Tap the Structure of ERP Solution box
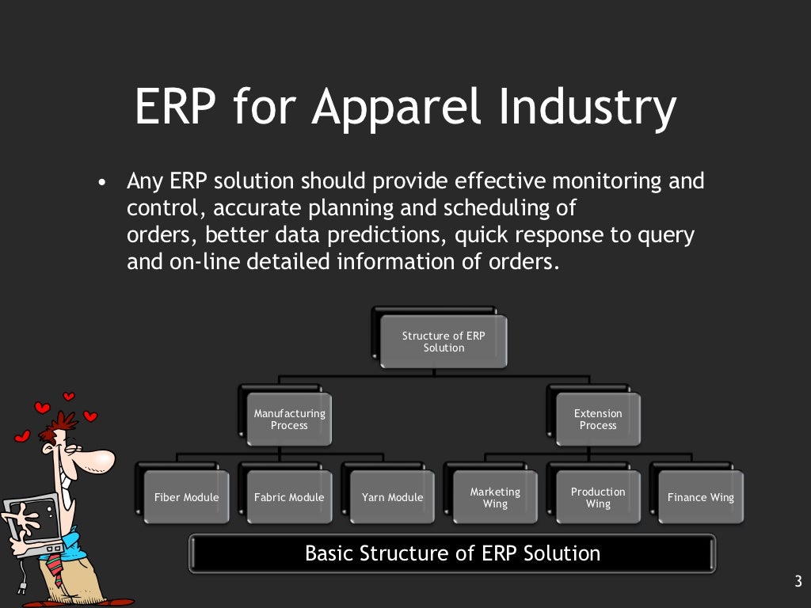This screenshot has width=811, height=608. click(444, 341)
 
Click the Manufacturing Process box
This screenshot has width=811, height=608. click(289, 419)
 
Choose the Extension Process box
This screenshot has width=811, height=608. click(598, 419)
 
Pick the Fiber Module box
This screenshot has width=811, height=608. click(186, 497)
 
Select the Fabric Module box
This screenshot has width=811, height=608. click(289, 497)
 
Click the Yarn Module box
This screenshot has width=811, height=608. click(392, 497)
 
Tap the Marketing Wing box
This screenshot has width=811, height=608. click(495, 497)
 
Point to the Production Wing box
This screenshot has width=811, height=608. click(598, 497)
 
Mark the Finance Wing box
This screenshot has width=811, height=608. click(701, 497)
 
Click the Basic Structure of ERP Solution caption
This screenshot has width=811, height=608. click(452, 553)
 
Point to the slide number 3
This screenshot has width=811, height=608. click(798, 582)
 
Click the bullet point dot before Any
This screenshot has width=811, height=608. click(101, 183)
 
